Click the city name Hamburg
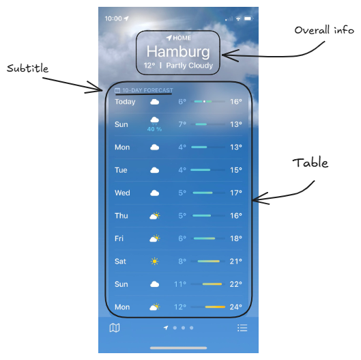point(178,52)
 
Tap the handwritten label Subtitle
point(27,68)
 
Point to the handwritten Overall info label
point(324,30)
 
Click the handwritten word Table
point(311,163)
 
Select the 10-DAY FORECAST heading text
point(147,90)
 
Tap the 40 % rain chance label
point(154,129)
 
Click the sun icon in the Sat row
point(154,262)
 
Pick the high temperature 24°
point(235,307)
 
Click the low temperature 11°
point(180,284)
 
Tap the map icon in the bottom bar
point(115,328)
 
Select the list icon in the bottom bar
point(242,328)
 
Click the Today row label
point(125,102)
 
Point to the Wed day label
point(122,193)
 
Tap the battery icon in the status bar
point(248,18)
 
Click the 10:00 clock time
point(113,18)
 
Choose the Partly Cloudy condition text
point(190,66)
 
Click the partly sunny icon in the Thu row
point(155,216)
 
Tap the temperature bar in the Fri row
point(204,238)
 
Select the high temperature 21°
point(235,262)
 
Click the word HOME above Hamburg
point(182,38)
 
